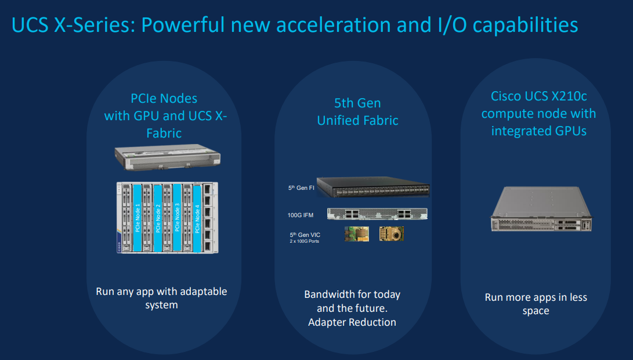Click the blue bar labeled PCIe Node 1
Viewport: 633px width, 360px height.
[138, 217]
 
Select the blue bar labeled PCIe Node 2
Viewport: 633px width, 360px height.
[158, 217]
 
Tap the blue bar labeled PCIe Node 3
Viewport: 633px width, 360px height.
[177, 217]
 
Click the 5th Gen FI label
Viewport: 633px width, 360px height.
[301, 188]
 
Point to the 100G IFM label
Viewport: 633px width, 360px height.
[301, 215]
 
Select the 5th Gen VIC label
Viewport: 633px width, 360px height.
[305, 235]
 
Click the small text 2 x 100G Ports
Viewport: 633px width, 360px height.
[305, 241]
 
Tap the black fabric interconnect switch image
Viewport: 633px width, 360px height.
[373, 186]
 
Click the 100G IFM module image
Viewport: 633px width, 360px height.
[377, 214]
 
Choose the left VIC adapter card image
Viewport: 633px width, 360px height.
[356, 234]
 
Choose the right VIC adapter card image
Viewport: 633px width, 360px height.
[391, 234]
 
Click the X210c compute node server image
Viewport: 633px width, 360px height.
[541, 209]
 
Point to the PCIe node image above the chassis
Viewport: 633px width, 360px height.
[168, 157]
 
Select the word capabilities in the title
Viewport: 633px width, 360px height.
[525, 25]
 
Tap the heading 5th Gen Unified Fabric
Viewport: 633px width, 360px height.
[357, 111]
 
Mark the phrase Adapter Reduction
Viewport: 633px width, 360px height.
[352, 322]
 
